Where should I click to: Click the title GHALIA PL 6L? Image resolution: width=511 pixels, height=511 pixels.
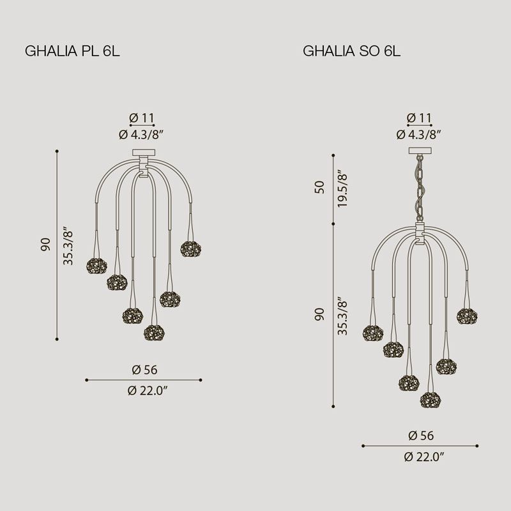click(x=72, y=51)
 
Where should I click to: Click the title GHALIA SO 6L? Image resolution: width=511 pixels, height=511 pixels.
click(x=352, y=51)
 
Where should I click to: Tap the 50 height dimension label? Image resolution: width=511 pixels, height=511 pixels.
click(x=320, y=187)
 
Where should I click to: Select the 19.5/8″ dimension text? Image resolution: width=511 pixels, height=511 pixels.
click(x=342, y=188)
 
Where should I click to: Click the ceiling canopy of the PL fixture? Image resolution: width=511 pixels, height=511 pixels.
click(x=144, y=152)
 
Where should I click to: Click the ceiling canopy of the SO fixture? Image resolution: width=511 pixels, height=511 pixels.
click(x=420, y=151)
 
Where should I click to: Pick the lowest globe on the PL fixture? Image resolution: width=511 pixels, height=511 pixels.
click(x=154, y=332)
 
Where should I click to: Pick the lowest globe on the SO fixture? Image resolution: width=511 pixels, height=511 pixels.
click(x=430, y=400)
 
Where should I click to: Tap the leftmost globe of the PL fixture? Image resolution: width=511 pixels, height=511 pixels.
click(x=97, y=266)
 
